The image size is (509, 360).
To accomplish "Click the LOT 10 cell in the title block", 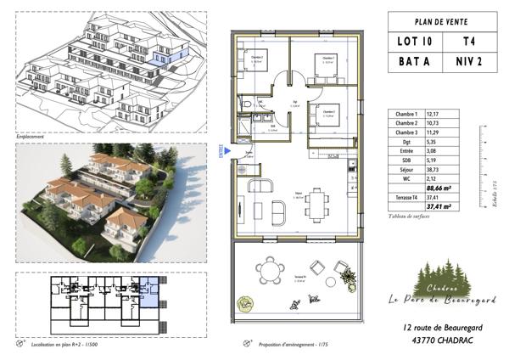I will coord(415,40).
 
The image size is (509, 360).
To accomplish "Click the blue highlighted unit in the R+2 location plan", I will coord(148,293).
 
